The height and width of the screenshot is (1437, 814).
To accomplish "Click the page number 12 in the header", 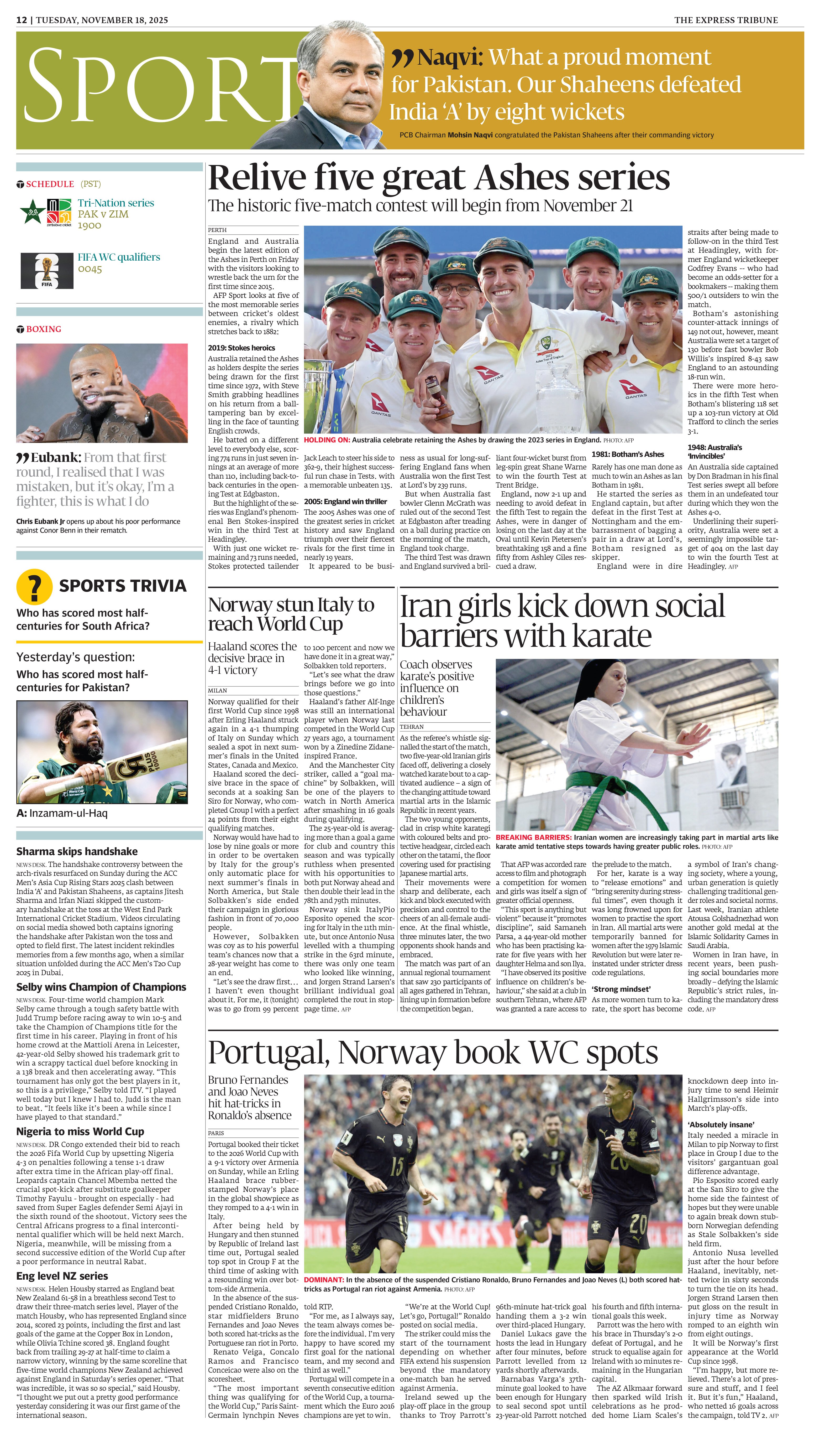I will pyautogui.click(x=21, y=20).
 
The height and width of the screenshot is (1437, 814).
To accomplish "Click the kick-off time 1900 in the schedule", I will pyautogui.click(x=90, y=225).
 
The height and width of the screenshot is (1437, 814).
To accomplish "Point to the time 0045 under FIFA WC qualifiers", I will pyautogui.click(x=90, y=269).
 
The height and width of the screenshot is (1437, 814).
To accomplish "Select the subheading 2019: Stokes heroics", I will pyautogui.click(x=241, y=348).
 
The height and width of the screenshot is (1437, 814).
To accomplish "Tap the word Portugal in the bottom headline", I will pyautogui.click(x=268, y=1053).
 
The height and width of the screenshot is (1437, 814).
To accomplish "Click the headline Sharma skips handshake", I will pyautogui.click(x=77, y=851).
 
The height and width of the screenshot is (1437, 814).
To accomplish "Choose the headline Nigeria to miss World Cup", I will pyautogui.click(x=80, y=1131).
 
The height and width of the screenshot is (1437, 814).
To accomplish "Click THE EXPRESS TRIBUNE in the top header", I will pyautogui.click(x=726, y=20).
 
